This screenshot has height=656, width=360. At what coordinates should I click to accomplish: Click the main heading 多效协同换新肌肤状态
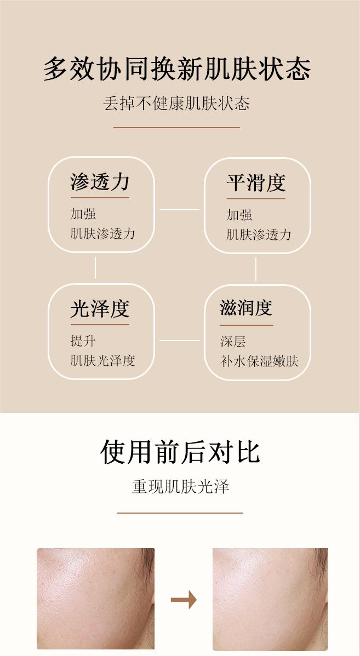tap(177, 70)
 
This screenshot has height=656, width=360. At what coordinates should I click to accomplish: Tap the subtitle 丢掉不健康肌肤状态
tap(176, 103)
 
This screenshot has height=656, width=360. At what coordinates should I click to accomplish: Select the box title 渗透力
tap(100, 182)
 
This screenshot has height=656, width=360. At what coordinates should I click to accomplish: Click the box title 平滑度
tap(256, 183)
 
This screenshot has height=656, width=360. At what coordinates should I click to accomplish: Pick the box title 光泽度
tap(100, 309)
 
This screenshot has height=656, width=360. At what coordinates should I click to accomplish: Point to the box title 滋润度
tap(246, 308)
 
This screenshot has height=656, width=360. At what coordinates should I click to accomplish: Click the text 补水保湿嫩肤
tap(259, 361)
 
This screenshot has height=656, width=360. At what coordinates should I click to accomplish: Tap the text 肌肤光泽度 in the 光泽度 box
tap(102, 360)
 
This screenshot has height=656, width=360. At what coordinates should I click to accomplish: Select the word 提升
tap(83, 341)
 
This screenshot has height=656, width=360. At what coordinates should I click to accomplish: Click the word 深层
tap(233, 342)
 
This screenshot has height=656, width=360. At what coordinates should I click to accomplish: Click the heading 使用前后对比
tap(180, 452)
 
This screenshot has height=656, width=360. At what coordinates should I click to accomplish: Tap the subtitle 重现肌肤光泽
tap(180, 486)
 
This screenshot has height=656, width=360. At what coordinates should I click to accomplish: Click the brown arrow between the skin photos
tap(184, 600)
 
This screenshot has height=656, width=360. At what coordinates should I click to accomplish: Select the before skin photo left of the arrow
tap(95, 599)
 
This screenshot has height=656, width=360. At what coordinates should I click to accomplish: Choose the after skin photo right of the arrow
tap(270, 599)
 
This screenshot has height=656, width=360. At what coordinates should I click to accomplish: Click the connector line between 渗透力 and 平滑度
tap(179, 209)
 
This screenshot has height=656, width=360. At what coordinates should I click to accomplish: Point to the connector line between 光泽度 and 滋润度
tap(179, 340)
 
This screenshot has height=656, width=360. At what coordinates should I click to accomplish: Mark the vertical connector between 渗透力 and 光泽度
tap(95, 268)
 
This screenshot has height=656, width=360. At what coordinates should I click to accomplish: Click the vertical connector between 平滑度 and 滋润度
tap(256, 269)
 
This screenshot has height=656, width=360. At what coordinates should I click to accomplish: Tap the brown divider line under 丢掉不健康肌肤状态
tap(176, 128)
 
